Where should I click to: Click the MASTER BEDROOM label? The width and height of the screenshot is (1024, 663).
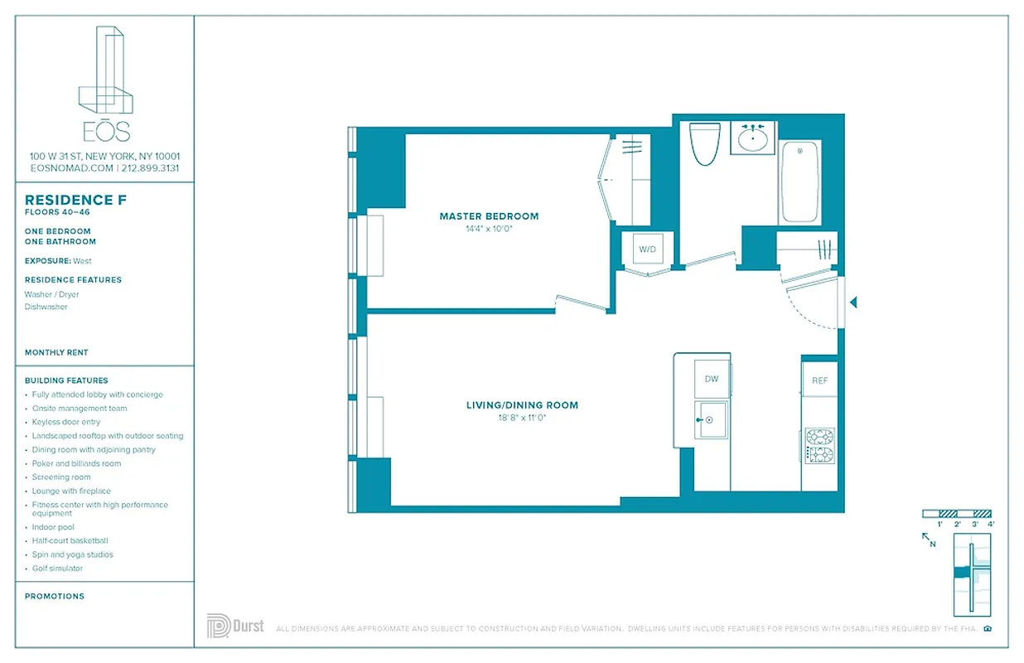(489, 216)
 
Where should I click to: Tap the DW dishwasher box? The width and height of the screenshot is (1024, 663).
(711, 379)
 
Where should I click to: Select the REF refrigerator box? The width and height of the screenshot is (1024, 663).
(819, 380)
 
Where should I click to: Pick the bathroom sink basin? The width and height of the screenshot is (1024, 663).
(752, 138)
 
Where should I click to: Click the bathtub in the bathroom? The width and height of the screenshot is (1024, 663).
(799, 181)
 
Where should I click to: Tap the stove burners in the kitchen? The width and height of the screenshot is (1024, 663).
(819, 445)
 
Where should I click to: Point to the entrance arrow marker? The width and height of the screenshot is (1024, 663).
(853, 303)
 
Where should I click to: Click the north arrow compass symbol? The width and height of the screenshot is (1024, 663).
(929, 540)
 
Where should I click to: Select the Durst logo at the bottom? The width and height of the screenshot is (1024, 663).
(235, 626)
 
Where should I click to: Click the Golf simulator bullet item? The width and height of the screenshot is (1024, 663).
(57, 569)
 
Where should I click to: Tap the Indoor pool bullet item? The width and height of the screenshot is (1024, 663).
(53, 527)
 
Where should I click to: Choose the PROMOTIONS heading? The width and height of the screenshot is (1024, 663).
(55, 596)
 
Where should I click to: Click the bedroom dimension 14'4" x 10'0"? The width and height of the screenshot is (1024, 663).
(489, 229)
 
